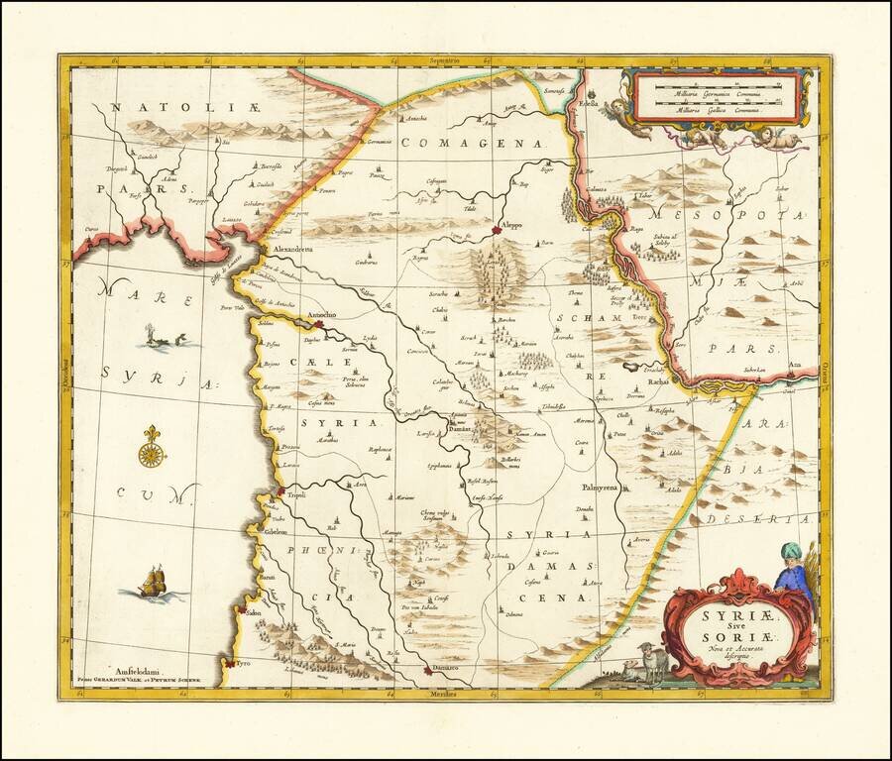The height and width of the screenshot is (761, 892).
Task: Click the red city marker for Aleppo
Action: [498, 231]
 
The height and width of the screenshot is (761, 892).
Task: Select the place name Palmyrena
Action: [600, 489]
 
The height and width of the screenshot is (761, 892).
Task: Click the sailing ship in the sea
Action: [152, 583]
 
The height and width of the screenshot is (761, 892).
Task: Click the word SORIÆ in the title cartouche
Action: [728, 631]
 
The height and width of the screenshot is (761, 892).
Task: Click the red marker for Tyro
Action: [229, 663]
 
